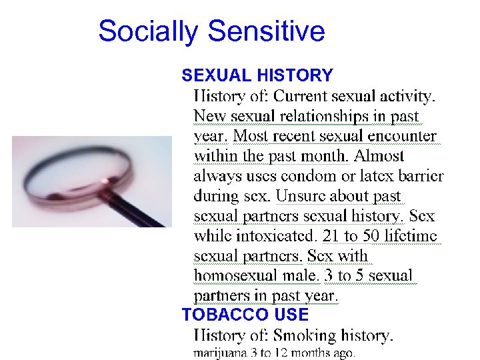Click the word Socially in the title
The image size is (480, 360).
coord(147,32)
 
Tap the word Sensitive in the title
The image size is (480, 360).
coord(266,31)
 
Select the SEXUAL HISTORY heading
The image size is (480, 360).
coord(257,75)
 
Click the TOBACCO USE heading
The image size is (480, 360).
coord(245,315)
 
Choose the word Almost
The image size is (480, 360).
coord(379,157)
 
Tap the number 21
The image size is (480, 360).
coord(331,236)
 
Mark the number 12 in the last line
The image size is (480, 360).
coord(280,353)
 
